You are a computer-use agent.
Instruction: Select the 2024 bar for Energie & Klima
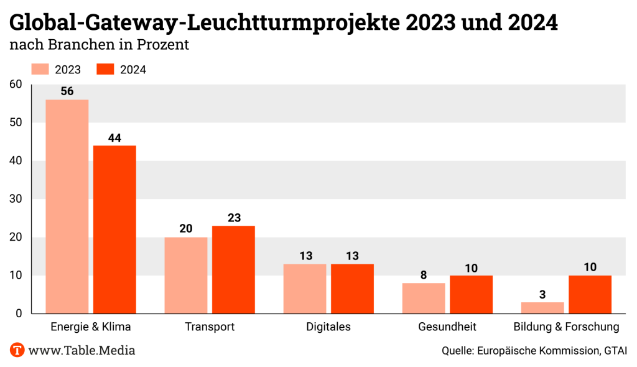[x=114, y=230]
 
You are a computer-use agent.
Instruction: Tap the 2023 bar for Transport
[x=186, y=275]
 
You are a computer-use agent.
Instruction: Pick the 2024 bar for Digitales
[x=352, y=289]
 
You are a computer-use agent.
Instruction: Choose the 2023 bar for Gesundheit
[x=424, y=298]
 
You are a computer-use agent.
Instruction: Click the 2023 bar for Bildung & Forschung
[x=542, y=307]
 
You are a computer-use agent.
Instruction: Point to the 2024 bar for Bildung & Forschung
[x=590, y=294]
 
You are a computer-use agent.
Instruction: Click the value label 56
[x=67, y=91]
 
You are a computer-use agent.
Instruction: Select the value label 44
[x=114, y=137]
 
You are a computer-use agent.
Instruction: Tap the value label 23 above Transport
[x=233, y=218]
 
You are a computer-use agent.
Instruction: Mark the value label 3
[x=542, y=294]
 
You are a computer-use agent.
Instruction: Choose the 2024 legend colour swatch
[x=106, y=69]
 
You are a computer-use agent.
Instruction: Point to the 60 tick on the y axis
[x=16, y=85]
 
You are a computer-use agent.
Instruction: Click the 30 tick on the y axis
[x=16, y=199]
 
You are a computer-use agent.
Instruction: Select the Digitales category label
[x=328, y=327]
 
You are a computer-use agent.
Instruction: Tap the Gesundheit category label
[x=447, y=327]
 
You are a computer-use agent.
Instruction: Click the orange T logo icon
[x=17, y=350]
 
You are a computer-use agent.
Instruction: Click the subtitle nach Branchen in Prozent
[x=99, y=45]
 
